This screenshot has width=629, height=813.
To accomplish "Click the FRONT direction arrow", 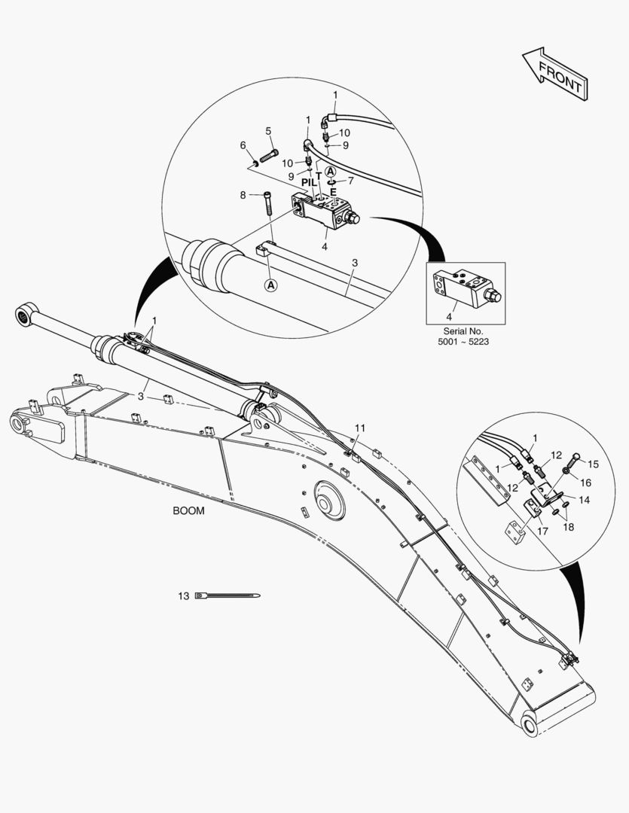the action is [x=555, y=74].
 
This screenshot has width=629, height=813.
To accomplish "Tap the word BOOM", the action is [x=188, y=510].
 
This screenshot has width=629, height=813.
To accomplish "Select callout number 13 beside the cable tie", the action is [x=184, y=596].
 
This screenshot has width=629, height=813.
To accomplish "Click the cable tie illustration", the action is [x=227, y=595].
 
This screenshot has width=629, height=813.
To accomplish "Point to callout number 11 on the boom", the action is [x=360, y=428].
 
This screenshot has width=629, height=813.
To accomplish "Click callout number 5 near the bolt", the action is [x=268, y=131].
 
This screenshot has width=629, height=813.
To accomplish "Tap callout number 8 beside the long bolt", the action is [x=243, y=195].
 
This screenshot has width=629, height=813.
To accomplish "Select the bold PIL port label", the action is [x=309, y=182].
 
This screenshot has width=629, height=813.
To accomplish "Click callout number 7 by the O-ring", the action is [x=351, y=181].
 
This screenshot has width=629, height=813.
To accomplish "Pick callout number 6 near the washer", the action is [x=243, y=145].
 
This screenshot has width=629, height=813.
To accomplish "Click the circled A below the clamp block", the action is [x=270, y=285].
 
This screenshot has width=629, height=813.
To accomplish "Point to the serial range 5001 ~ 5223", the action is [x=463, y=342].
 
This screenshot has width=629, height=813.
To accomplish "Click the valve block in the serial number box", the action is [x=466, y=288].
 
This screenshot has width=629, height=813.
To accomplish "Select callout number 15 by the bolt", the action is [x=593, y=464].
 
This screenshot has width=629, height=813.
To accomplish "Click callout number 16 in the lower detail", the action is [x=585, y=483].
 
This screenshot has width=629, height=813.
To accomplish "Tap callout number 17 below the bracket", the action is [x=542, y=531].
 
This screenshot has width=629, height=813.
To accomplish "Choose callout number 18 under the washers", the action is [x=568, y=527].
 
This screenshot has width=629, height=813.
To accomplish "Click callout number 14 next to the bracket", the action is [x=585, y=501].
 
